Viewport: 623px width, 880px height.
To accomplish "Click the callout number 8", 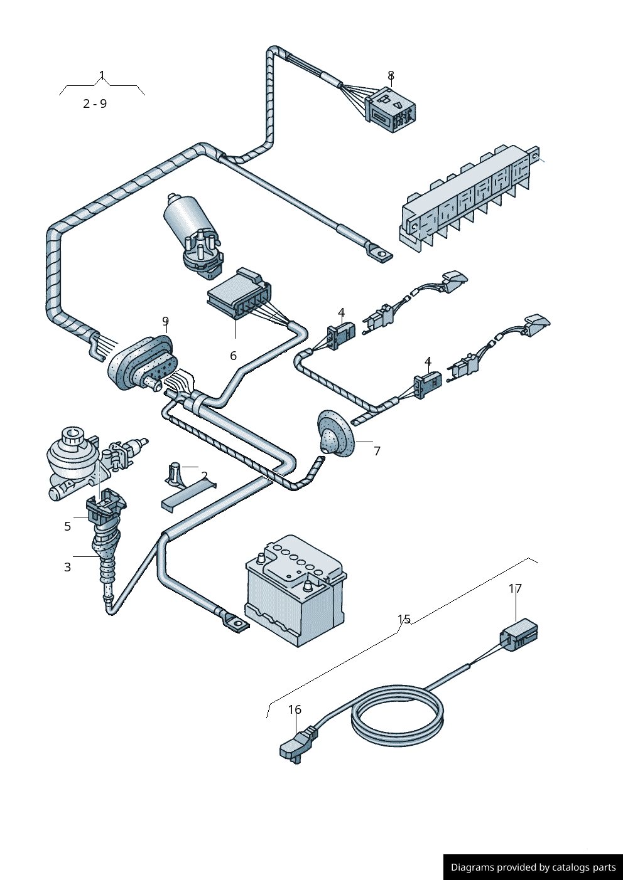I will (x=391, y=76).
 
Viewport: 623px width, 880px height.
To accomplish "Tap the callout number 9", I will (x=165, y=322).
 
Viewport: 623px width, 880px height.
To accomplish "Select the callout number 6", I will (x=233, y=356).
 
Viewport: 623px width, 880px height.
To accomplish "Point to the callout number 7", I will (x=377, y=451).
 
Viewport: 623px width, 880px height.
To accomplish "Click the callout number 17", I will (x=515, y=588).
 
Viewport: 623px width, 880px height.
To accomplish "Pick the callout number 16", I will (x=295, y=709).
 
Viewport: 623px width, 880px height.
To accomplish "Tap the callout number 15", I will (x=404, y=620).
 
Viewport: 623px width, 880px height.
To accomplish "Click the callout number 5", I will (x=68, y=526).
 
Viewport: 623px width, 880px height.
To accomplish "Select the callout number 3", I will (x=68, y=567).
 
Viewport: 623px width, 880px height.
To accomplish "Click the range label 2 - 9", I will (x=95, y=104).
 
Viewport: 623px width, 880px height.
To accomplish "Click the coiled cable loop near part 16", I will (x=397, y=715).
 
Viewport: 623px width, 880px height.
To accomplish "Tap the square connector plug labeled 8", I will (x=392, y=110).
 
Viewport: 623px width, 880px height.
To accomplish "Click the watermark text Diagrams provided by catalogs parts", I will (x=533, y=867).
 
